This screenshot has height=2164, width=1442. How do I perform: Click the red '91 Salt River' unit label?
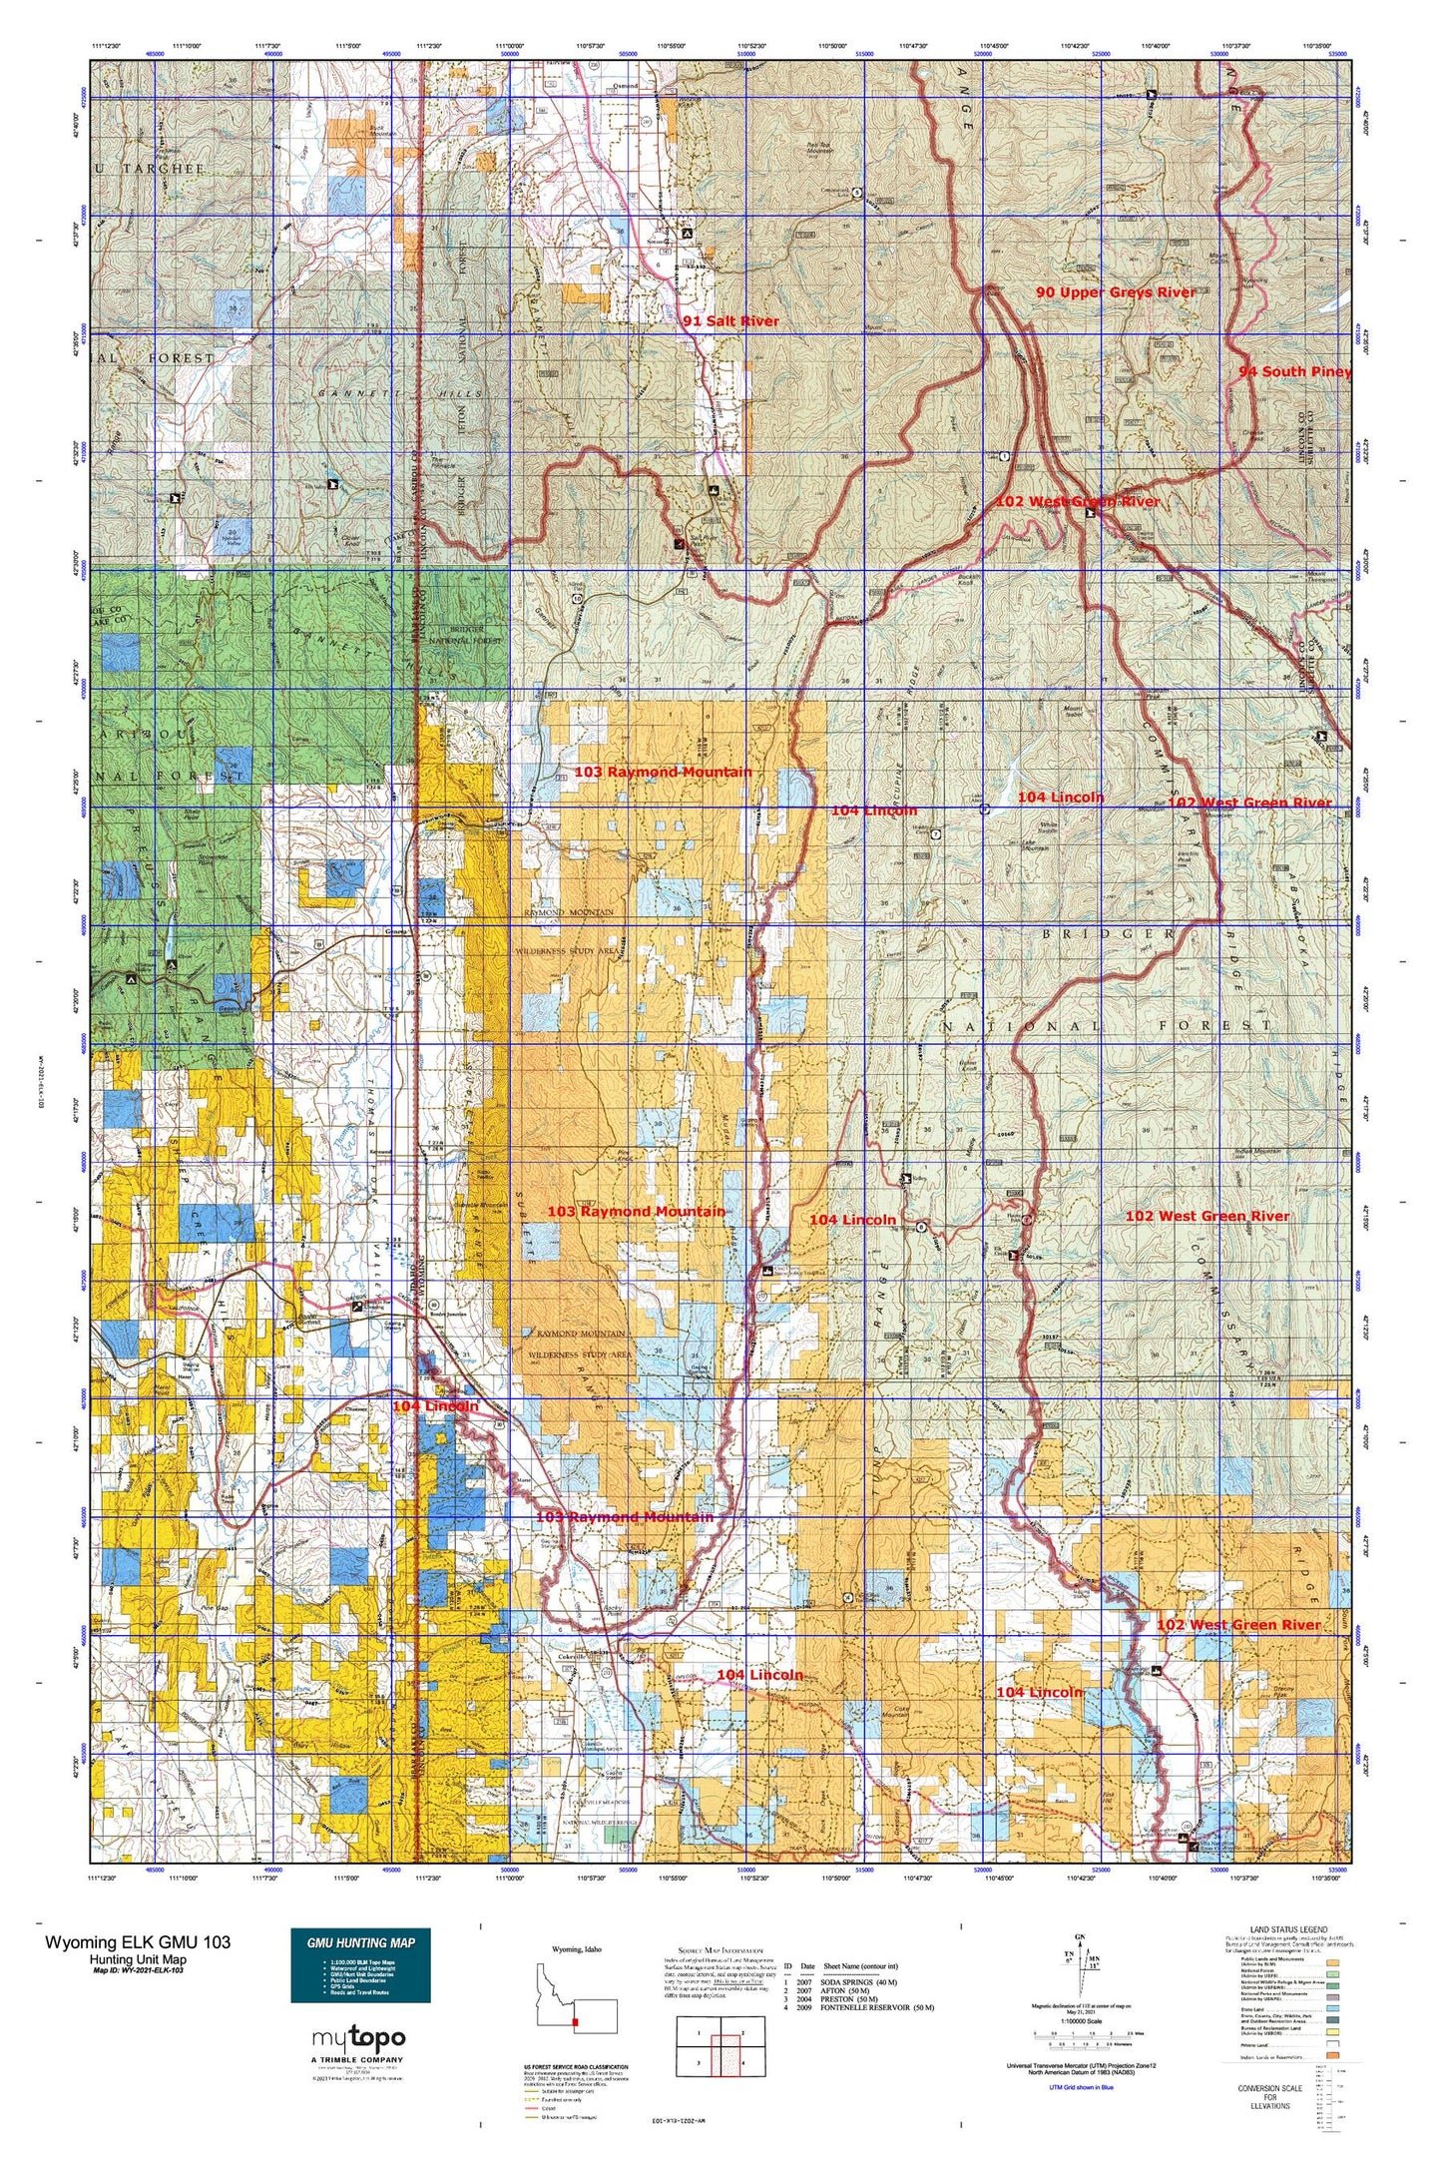click(x=730, y=320)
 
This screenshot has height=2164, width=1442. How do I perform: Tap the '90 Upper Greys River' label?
click(x=1115, y=291)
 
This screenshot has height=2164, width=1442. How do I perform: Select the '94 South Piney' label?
click(x=1294, y=371)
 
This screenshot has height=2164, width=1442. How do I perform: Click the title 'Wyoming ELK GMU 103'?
click(x=137, y=1941)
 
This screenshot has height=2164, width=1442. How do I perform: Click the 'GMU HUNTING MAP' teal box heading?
click(x=360, y=1942)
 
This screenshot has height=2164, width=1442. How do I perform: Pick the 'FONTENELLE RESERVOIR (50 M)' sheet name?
click(x=877, y=2007)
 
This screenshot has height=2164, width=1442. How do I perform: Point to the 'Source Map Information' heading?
click(x=720, y=1949)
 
